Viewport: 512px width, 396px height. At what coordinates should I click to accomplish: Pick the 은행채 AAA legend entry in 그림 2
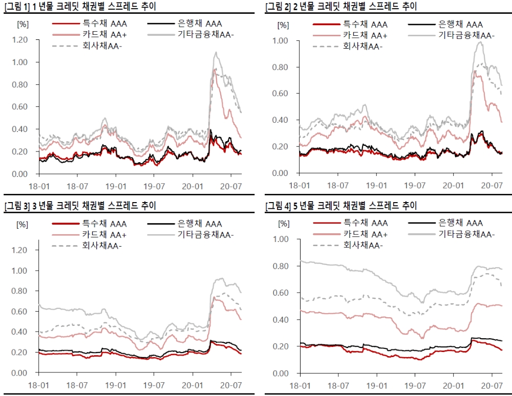(x=445, y=24)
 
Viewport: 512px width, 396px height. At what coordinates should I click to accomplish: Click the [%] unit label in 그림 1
(x=23, y=24)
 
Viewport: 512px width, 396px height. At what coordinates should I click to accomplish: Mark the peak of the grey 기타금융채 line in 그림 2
(x=480, y=42)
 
